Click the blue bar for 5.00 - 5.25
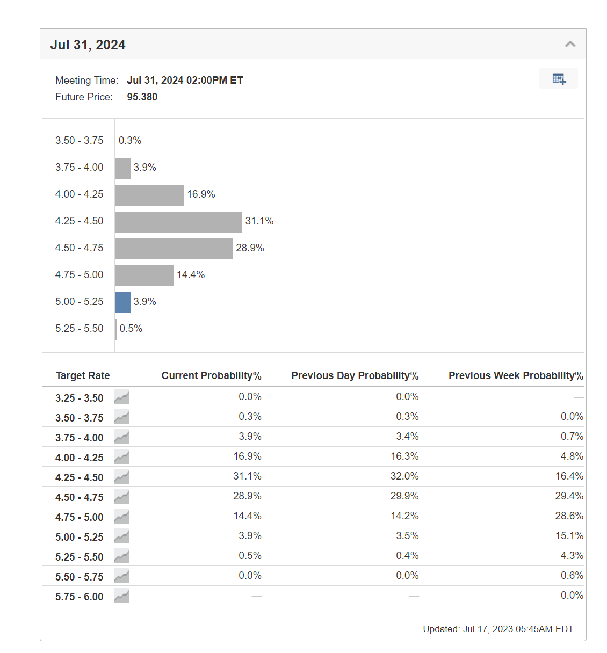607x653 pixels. (x=122, y=302)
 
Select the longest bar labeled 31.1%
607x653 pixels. (x=178, y=222)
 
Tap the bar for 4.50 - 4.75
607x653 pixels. (x=174, y=249)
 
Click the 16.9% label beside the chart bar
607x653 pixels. (x=201, y=194)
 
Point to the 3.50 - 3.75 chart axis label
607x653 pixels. (x=79, y=141)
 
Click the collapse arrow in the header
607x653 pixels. (x=570, y=45)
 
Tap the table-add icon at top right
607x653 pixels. (x=559, y=79)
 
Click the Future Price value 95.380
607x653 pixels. (x=142, y=97)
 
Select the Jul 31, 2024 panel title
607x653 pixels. (x=88, y=45)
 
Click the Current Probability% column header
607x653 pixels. (x=211, y=376)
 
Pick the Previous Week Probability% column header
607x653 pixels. (x=516, y=376)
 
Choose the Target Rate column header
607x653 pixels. (x=83, y=376)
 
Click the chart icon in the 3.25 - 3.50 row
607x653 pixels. (x=122, y=397)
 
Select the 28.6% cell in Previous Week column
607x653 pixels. (x=569, y=516)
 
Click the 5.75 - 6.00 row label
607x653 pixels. (x=79, y=597)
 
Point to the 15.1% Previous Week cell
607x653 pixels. (x=569, y=536)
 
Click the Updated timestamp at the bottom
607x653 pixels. (x=498, y=629)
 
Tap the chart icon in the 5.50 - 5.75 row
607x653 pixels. (x=122, y=576)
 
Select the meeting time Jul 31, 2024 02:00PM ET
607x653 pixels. (x=185, y=81)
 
